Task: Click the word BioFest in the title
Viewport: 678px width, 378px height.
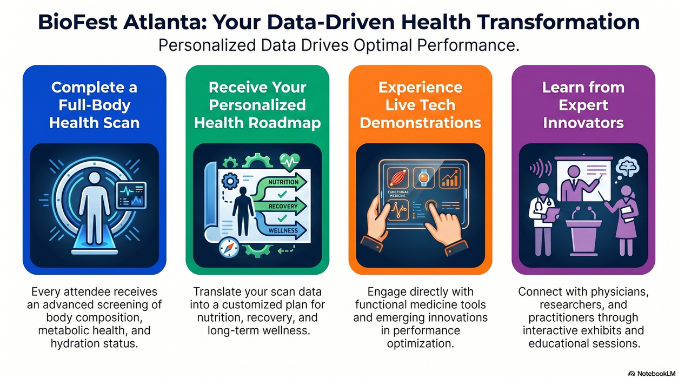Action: click(x=78, y=22)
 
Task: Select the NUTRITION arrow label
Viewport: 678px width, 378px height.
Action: click(x=283, y=182)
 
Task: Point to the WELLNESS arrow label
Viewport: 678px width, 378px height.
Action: click(x=283, y=230)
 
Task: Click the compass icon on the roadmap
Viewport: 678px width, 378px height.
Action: click(x=229, y=247)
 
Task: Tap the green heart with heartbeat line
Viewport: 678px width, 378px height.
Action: click(x=290, y=162)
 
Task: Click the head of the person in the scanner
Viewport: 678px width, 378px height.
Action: click(x=95, y=178)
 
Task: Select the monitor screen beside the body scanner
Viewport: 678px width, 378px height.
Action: click(x=131, y=195)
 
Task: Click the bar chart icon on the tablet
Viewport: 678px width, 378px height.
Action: click(x=450, y=178)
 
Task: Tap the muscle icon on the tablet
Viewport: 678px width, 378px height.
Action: click(x=398, y=178)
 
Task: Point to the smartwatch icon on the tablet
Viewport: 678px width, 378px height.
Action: click(x=424, y=178)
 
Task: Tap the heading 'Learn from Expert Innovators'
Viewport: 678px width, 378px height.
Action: click(x=583, y=105)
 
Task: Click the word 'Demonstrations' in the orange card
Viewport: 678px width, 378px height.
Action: click(x=421, y=123)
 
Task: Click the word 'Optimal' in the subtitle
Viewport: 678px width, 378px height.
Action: click(x=383, y=46)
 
